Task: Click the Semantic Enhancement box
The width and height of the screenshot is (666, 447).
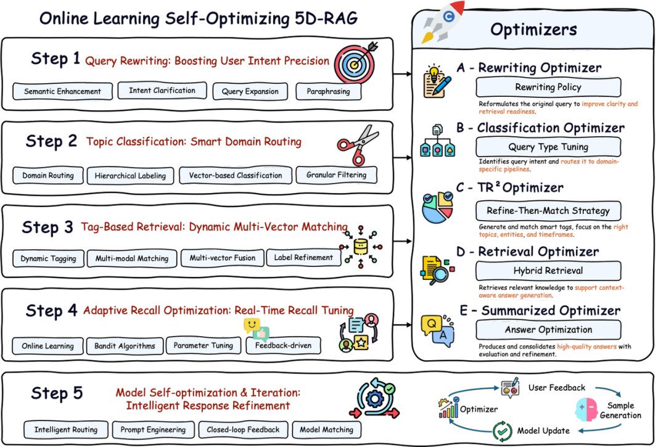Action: pos(62,92)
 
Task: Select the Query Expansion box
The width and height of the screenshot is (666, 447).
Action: pos(250,92)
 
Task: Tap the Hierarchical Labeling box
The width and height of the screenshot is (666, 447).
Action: pos(130,176)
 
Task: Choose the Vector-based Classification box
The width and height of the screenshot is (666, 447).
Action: pos(235,176)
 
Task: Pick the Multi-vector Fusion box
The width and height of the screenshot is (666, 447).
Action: pos(222,258)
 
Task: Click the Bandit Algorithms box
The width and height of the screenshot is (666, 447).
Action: pos(125,346)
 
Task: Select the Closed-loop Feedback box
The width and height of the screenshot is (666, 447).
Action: pos(243,430)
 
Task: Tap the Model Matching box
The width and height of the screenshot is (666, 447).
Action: pos(326,430)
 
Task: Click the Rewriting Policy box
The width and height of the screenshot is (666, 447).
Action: pos(548,88)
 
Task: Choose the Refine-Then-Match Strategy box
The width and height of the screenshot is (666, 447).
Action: pos(548,211)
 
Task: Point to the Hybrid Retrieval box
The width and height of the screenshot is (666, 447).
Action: pos(548,271)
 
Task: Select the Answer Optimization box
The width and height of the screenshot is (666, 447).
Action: pos(548,330)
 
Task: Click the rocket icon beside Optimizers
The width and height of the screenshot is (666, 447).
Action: pos(443,23)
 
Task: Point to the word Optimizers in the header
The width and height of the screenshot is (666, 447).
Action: pos(533,29)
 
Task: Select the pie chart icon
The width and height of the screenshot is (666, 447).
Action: pos(438,207)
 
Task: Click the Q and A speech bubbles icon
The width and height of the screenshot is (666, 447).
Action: pos(437,329)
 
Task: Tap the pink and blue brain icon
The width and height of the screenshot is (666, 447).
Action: pos(586,408)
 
